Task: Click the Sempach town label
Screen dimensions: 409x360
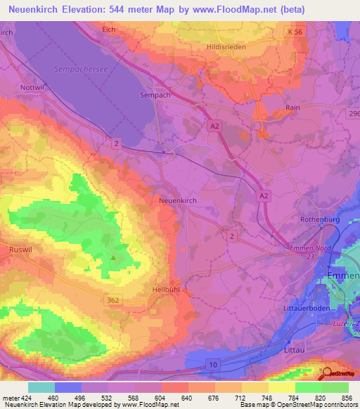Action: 156,93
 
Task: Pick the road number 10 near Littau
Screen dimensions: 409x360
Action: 212,364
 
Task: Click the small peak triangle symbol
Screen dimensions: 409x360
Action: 113,257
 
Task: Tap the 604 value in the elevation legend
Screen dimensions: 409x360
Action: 161,397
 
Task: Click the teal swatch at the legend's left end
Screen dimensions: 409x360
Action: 41,387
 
